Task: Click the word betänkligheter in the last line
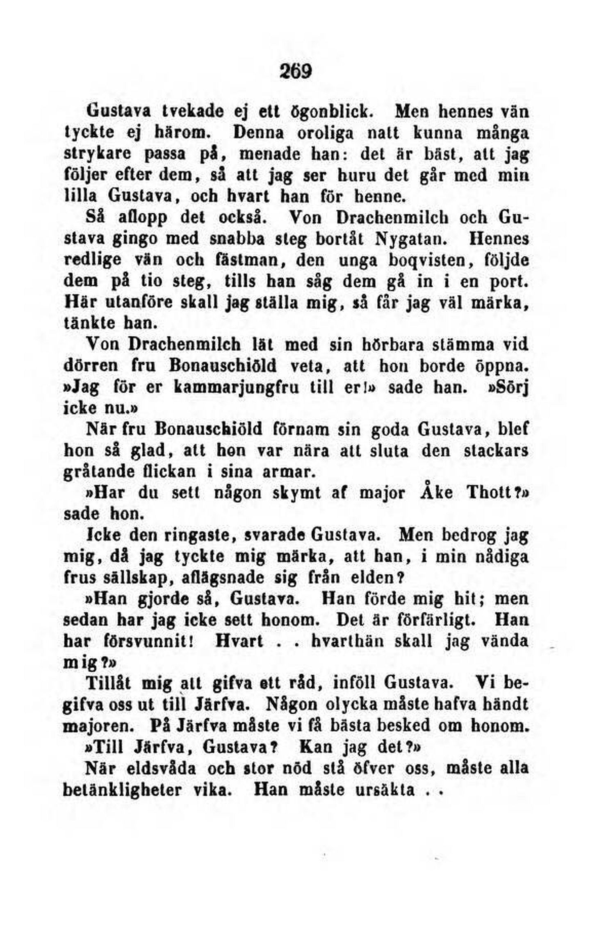click(122, 790)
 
